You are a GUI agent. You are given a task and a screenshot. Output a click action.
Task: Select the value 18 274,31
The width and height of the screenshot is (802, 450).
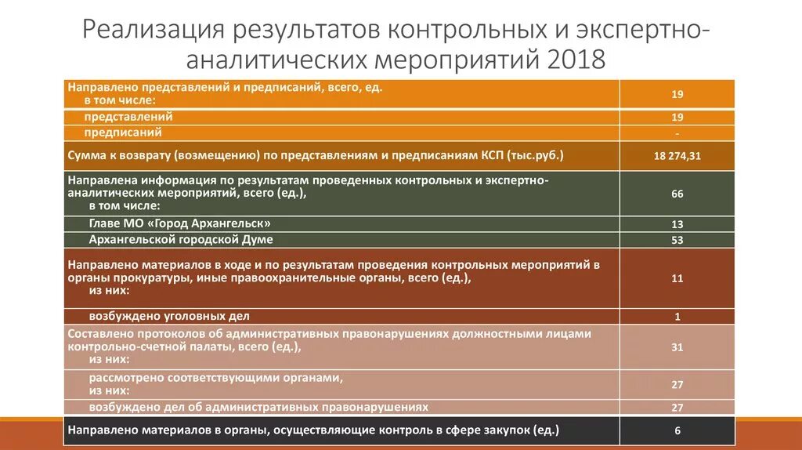click(x=677, y=156)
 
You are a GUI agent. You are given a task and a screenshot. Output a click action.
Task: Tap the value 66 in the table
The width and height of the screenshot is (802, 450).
click(x=677, y=193)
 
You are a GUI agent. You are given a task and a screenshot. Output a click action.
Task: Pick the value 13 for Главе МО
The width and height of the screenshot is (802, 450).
click(x=677, y=224)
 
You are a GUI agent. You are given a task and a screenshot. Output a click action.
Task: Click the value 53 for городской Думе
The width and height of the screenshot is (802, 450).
click(x=677, y=240)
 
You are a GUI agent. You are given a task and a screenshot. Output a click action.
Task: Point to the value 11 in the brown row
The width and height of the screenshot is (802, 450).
click(x=677, y=278)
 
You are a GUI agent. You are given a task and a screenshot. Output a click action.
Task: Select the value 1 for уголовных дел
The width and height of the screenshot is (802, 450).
click(x=677, y=317)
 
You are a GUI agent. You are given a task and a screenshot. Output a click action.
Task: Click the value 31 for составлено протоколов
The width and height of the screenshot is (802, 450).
click(x=677, y=347)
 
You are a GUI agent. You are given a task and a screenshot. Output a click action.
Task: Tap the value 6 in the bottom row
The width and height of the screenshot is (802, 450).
click(x=677, y=431)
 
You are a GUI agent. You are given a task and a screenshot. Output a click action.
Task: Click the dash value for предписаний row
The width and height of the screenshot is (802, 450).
click(x=677, y=133)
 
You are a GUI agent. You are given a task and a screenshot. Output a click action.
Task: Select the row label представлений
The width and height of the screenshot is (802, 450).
click(x=131, y=117)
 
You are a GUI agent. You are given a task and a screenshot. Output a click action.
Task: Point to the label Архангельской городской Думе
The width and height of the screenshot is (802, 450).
click(x=181, y=239)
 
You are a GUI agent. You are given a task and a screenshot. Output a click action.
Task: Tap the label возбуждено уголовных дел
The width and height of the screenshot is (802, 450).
click(x=169, y=316)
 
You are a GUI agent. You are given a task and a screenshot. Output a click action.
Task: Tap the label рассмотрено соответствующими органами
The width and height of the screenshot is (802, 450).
click(x=216, y=378)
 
